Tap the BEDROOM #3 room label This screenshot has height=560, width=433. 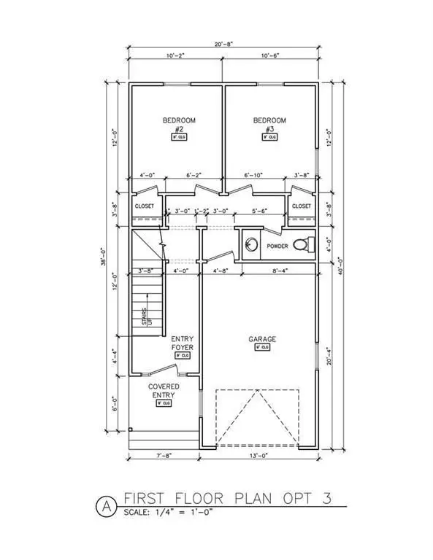tap(270, 125)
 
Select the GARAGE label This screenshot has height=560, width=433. tap(262, 339)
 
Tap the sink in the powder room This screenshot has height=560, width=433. tap(251, 244)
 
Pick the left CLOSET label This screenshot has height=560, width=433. tap(145, 206)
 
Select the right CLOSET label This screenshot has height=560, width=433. tap(302, 206)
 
